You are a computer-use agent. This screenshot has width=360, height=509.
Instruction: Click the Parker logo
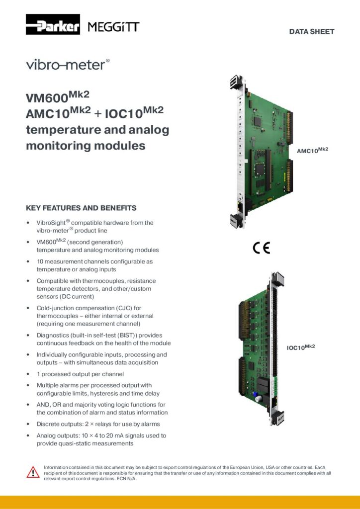(x=53, y=24)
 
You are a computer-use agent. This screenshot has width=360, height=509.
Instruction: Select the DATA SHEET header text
(x=312, y=32)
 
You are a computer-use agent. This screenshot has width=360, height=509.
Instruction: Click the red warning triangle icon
(x=33, y=472)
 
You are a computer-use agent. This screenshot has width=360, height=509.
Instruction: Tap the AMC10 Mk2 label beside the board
(x=312, y=150)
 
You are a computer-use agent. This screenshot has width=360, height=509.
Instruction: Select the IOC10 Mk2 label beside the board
(x=300, y=347)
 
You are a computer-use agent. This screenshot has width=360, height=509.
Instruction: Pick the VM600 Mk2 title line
(x=58, y=95)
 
